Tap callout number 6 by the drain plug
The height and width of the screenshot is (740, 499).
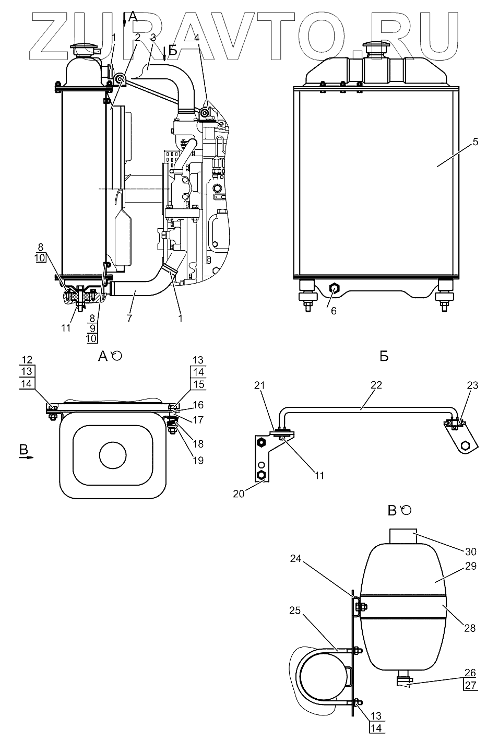(x=334, y=311)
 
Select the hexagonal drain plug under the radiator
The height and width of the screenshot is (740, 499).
(x=334, y=288)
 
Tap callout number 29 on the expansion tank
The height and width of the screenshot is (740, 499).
(x=470, y=566)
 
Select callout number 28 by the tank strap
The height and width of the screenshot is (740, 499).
(x=469, y=628)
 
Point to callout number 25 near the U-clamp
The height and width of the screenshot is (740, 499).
(x=295, y=610)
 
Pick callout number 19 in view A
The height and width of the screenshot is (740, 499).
(x=198, y=460)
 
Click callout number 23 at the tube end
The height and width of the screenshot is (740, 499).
(x=472, y=385)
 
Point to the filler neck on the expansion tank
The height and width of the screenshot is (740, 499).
(x=402, y=537)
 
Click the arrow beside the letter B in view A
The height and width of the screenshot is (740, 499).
(x=26, y=457)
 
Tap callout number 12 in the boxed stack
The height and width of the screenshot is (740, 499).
(x=27, y=359)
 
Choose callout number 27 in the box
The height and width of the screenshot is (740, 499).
(x=470, y=686)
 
